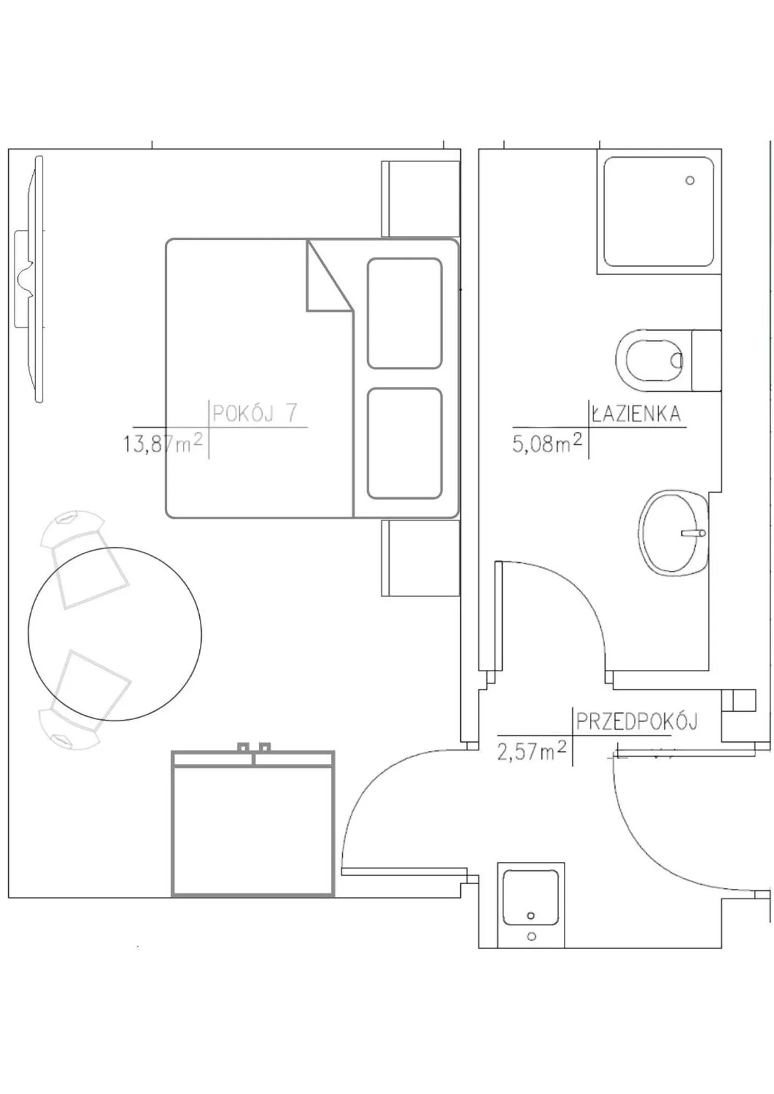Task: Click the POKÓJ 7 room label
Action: click(x=255, y=413)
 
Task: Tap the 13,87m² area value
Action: click(x=163, y=443)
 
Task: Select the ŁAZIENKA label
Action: click(x=637, y=414)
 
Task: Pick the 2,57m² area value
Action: click(x=532, y=751)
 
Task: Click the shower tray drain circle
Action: click(x=690, y=181)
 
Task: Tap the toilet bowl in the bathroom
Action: click(x=649, y=361)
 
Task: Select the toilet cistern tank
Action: click(x=706, y=361)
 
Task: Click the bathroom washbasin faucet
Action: click(x=694, y=532)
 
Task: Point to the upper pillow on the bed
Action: click(x=405, y=314)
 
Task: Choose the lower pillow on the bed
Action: click(x=405, y=444)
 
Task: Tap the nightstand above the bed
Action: click(x=420, y=199)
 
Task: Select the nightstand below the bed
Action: click(x=420, y=558)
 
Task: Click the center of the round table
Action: click(x=115, y=634)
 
